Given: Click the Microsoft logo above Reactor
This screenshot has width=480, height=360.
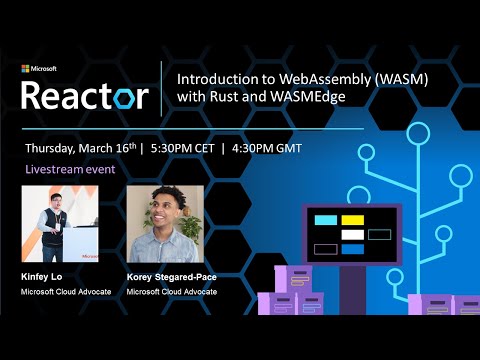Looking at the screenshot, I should click(x=39, y=69).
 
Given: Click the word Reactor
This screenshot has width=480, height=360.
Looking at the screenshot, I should click(x=85, y=95).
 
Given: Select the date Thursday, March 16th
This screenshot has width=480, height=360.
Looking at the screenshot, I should click(x=80, y=146).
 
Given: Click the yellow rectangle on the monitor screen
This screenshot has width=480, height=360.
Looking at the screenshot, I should click(x=352, y=220).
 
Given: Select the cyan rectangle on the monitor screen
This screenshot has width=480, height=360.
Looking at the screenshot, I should click(x=325, y=220).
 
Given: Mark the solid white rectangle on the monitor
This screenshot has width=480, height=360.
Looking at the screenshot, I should click(x=352, y=234).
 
